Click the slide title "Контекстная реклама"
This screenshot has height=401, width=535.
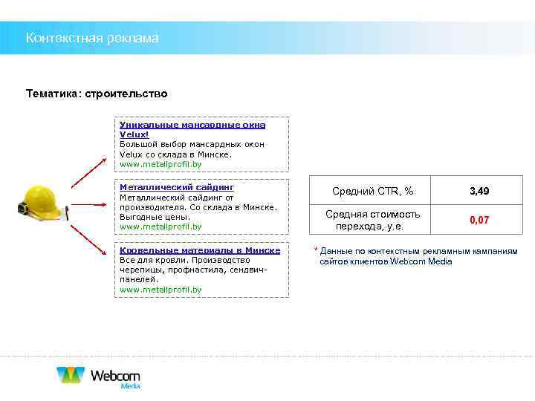point(92,38)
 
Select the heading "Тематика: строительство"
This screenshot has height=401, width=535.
point(97,94)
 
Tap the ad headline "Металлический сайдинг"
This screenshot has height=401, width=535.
point(177,188)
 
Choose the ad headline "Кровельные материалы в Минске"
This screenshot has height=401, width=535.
point(200,250)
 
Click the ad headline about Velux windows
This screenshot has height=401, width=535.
point(192,130)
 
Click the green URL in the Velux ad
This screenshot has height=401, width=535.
point(160,164)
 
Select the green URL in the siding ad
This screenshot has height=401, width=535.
point(160,226)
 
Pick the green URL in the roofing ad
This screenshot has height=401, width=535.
point(160,290)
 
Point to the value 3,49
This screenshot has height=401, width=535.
point(479,192)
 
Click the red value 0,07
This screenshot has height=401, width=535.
point(479,221)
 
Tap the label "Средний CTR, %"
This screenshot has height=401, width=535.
point(373,192)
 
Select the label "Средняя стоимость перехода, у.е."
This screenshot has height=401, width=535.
point(373,221)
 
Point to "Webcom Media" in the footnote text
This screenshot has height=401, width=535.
point(421,261)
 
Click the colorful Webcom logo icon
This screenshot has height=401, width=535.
point(71,374)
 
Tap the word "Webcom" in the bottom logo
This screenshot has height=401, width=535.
point(115,375)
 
